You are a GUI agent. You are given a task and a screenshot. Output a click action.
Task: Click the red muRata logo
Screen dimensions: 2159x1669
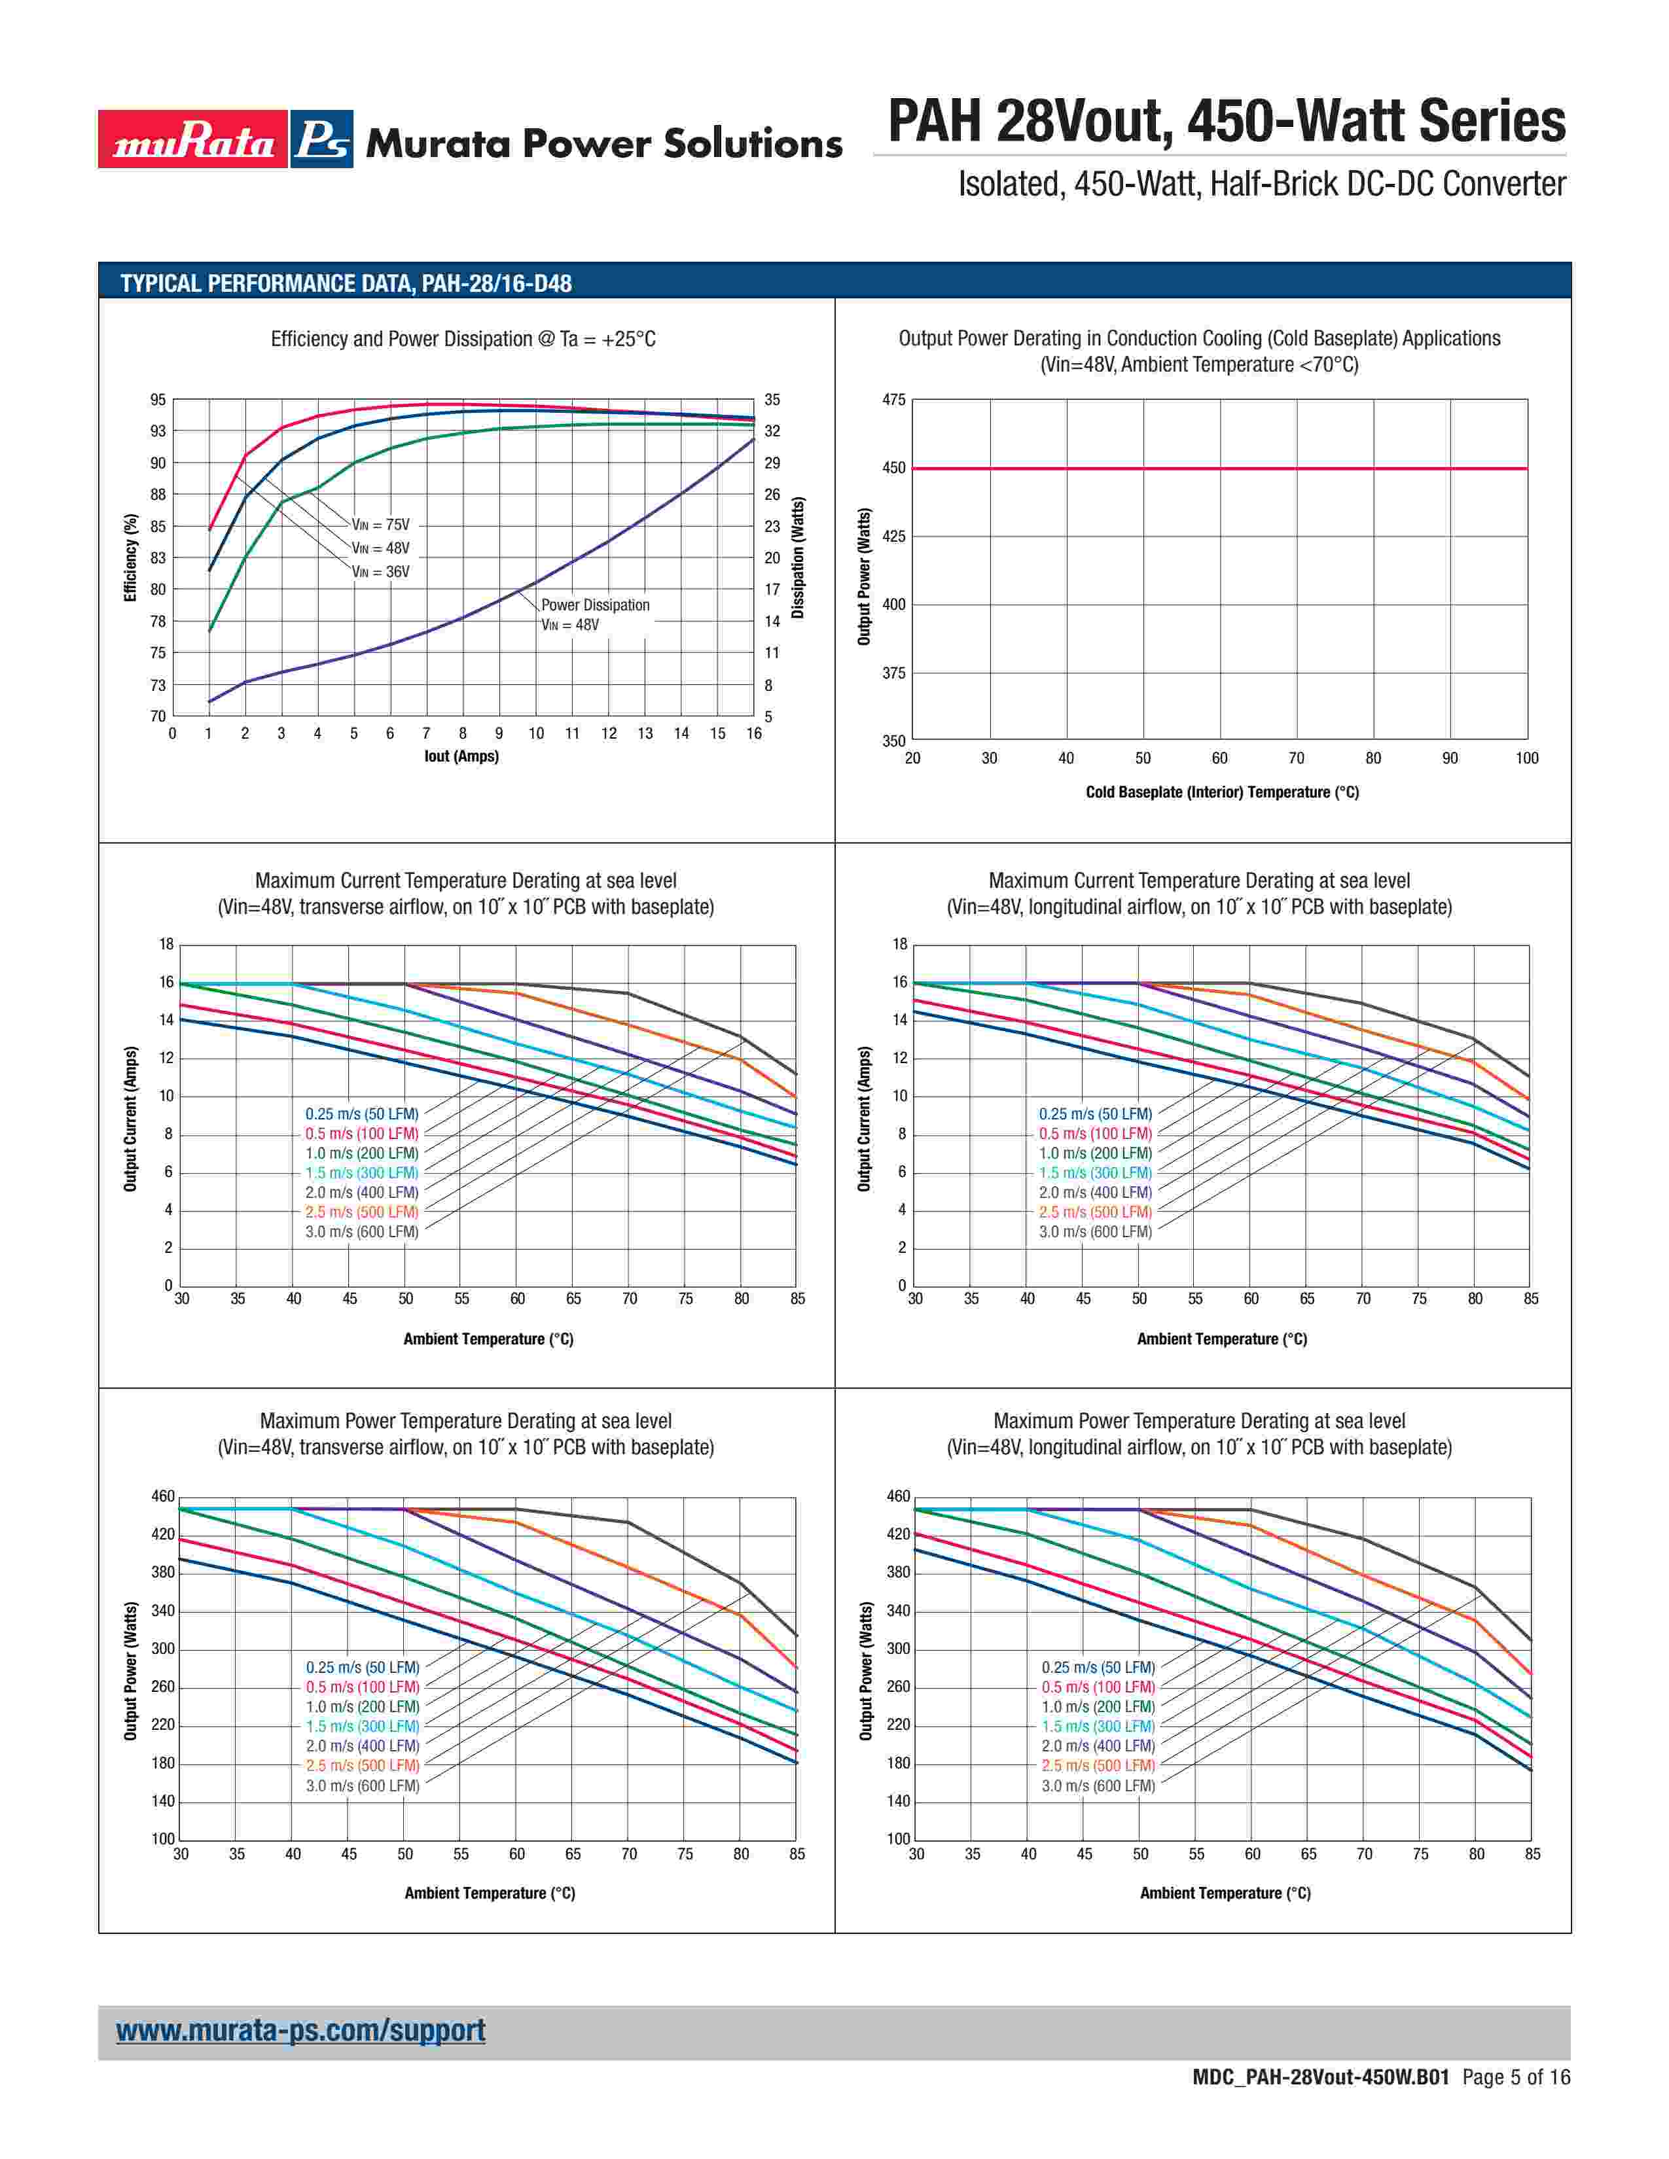tap(193, 139)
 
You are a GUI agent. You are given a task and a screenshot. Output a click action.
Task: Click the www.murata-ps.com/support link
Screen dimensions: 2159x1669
tap(300, 2031)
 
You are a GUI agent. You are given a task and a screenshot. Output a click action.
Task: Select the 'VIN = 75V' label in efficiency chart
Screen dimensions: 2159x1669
tap(381, 525)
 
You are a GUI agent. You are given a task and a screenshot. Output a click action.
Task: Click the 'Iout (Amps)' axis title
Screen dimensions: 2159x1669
tap(461, 756)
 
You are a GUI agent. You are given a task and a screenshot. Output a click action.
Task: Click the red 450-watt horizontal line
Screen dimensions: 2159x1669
tap(1219, 468)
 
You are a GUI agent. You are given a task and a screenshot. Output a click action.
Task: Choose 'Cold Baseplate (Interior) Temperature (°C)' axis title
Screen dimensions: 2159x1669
tap(1222, 792)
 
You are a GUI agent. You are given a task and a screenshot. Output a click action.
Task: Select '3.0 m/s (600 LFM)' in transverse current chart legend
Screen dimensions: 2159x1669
tap(362, 1232)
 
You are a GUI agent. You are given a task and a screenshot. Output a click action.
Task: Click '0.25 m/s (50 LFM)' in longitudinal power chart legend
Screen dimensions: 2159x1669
tap(1098, 1668)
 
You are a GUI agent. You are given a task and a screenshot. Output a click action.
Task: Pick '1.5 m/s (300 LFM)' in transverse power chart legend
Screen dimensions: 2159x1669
tap(363, 1726)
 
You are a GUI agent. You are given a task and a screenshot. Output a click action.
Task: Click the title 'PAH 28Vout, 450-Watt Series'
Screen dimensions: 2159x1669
tap(1226, 122)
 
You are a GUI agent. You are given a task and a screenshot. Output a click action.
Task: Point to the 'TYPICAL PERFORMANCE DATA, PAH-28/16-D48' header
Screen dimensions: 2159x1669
tap(346, 284)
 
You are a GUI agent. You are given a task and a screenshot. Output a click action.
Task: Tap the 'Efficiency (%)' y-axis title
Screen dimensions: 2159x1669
tap(130, 557)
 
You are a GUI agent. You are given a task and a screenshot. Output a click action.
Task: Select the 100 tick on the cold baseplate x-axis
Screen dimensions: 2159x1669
tap(1526, 758)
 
